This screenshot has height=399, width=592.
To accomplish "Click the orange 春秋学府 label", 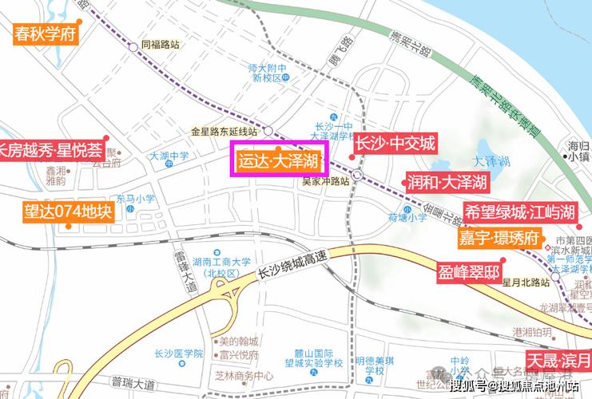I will pyautogui.click(x=45, y=34).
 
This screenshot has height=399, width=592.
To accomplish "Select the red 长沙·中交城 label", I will pyautogui.click(x=395, y=144).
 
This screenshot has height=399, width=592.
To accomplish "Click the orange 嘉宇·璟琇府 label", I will pyautogui.click(x=499, y=239).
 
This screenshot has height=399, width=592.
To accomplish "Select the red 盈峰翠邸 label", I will pyautogui.click(x=469, y=271).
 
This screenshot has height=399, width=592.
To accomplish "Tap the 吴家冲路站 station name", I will pyautogui.click(x=325, y=181).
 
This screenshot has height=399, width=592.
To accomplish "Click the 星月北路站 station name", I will pyautogui.click(x=525, y=282).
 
